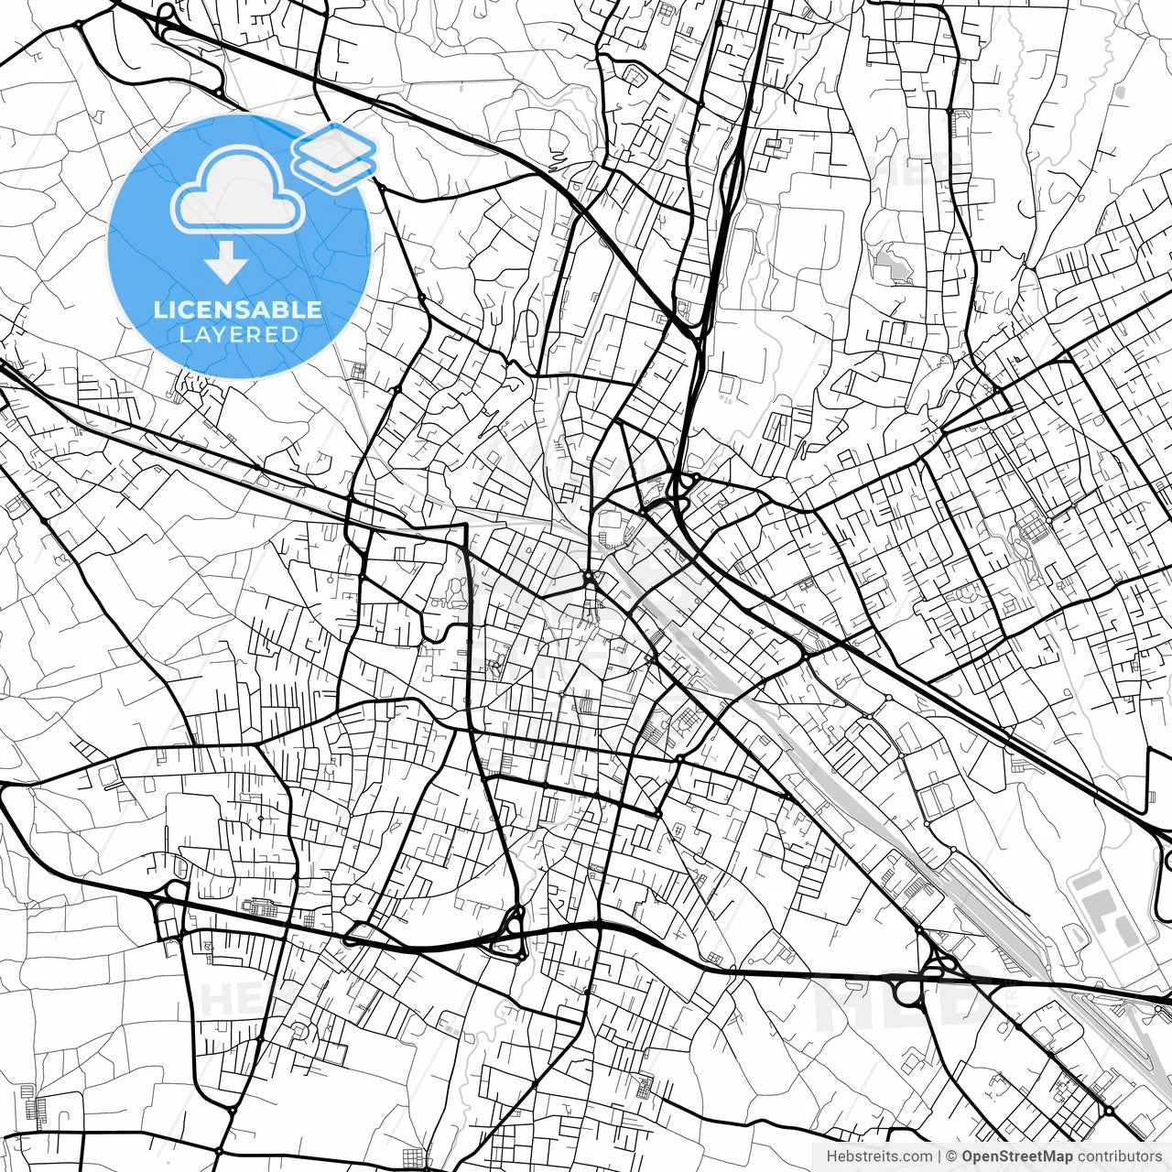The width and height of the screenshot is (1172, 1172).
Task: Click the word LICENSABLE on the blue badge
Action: click(238, 309)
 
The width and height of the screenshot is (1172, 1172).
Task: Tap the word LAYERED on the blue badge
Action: click(238, 335)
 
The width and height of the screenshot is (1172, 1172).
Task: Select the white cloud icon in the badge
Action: click(238, 190)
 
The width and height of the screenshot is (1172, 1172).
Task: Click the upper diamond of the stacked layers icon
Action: click(335, 144)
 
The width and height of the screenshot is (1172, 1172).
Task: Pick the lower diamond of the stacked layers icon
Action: click(335, 168)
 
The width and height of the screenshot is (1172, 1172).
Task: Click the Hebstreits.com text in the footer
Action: click(880, 1156)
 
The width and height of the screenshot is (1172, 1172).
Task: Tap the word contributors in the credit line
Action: click(1119, 1156)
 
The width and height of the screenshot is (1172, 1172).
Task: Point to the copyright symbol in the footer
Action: click(952, 1156)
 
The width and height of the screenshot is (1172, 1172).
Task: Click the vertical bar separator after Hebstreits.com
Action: click(940, 1156)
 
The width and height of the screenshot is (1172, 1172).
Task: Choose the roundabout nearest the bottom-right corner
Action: click(1109, 1111)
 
